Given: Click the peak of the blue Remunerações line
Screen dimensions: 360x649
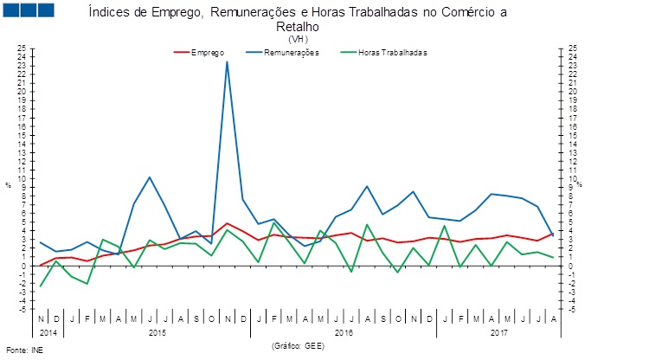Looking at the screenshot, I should pyautogui.click(x=228, y=61).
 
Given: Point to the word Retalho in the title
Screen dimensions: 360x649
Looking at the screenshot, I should pyautogui.click(x=298, y=27).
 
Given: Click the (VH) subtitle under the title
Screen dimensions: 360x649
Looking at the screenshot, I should pyautogui.click(x=298, y=39).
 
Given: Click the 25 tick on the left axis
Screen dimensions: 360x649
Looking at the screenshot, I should pyautogui.click(x=22, y=47).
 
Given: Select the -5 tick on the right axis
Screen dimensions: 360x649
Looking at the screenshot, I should pyautogui.click(x=573, y=309).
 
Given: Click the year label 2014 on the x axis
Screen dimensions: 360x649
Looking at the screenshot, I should pyautogui.click(x=48, y=332).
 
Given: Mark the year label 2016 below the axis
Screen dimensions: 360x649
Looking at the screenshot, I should pyautogui.click(x=344, y=332).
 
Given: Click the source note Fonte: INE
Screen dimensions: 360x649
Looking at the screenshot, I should pyautogui.click(x=24, y=351).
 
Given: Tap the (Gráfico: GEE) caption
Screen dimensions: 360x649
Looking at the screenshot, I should pyautogui.click(x=298, y=344).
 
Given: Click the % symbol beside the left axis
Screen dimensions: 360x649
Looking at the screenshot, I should pyautogui.click(x=8, y=185).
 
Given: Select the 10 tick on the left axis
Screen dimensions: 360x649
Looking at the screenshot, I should pyautogui.click(x=22, y=177).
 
